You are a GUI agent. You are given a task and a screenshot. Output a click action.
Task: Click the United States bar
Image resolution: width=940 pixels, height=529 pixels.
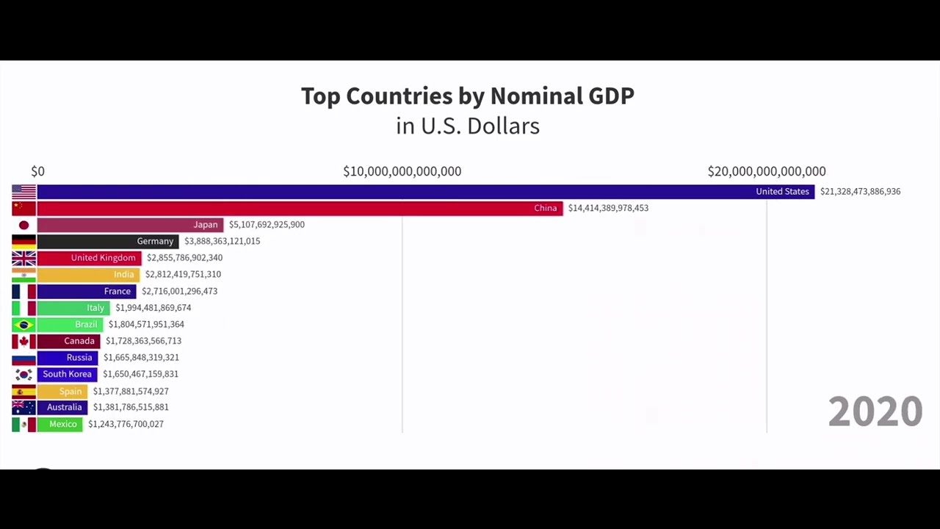(426, 192)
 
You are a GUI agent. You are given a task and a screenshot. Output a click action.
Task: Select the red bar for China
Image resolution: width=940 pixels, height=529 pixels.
(300, 208)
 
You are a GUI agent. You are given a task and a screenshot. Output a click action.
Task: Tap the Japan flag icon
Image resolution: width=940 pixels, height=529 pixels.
(23, 225)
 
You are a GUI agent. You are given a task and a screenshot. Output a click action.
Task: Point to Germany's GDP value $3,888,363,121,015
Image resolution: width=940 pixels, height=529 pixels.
(222, 241)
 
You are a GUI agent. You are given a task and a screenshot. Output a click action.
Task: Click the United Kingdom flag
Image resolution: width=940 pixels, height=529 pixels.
(23, 258)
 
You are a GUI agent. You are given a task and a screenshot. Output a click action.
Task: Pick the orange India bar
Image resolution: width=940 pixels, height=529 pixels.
(88, 274)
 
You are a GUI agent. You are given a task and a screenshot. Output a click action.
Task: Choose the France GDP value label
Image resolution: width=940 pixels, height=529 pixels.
(179, 291)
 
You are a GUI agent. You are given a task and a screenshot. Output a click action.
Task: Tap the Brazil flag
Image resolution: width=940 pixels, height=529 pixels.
(23, 324)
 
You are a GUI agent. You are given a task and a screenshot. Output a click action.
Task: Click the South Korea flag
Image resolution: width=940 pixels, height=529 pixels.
(23, 374)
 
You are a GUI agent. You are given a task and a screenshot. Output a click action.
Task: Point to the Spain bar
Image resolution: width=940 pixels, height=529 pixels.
(62, 391)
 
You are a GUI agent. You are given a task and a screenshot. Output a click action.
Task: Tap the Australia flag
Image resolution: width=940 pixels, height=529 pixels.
(23, 407)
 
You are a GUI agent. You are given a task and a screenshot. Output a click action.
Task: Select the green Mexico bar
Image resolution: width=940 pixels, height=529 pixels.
(59, 424)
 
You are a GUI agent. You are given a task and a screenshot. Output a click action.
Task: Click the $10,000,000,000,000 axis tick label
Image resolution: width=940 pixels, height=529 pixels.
(402, 171)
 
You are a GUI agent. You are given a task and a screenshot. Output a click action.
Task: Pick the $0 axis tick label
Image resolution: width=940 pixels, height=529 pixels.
(37, 171)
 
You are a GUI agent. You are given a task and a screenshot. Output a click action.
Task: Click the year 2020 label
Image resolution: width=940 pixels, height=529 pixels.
(875, 411)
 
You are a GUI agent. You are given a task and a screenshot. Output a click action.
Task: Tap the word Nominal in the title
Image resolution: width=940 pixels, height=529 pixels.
(536, 96)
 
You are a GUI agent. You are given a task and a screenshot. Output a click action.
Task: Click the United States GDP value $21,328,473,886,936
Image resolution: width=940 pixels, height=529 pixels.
(860, 192)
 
